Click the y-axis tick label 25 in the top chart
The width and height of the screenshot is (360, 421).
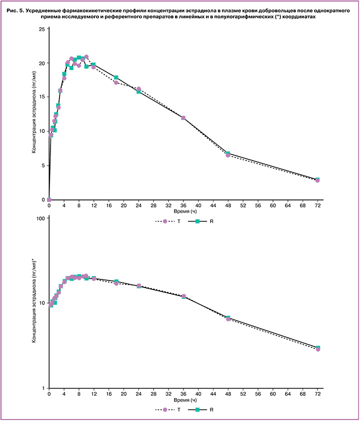coord(42,29)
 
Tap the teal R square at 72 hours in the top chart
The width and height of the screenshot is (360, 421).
coord(317,179)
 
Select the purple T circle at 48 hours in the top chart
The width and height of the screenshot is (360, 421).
coord(228,155)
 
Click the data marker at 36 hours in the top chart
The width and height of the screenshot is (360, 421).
coord(183,118)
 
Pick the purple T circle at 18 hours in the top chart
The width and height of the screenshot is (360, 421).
coord(116,82)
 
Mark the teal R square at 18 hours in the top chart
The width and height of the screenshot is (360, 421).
coord(116,77)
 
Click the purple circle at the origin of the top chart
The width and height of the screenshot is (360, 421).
coord(49,200)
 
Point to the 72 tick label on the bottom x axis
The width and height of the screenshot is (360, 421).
coord(317,394)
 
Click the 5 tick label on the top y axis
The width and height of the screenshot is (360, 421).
coord(43,165)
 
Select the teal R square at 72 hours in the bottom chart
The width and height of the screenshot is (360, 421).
coord(317,347)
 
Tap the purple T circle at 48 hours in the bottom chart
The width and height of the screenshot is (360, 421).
coord(228,318)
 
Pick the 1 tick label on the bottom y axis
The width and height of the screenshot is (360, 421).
coord(43,388)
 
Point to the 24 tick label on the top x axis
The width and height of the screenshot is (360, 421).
coord(138,205)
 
